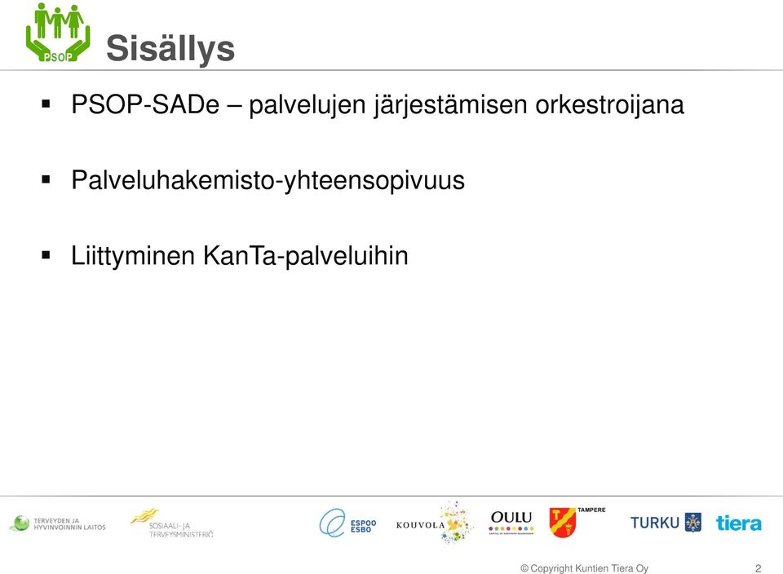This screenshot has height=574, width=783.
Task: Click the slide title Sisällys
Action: [170, 49]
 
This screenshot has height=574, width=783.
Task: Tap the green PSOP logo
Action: [58, 33]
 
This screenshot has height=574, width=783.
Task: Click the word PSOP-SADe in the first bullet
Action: [145, 104]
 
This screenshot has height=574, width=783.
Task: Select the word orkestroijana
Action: [609, 105]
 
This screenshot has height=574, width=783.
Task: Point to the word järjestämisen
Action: [451, 105]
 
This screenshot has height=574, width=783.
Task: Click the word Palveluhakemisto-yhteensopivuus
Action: [268, 180]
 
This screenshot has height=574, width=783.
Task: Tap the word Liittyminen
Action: [133, 255]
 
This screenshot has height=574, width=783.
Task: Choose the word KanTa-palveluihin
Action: [306, 255]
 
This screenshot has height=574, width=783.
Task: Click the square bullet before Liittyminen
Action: [46, 255]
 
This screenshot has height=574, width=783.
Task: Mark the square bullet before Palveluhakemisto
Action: [46, 179]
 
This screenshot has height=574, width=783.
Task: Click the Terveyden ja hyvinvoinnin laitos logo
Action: [57, 523]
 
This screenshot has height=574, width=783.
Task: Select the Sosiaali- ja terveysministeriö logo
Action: [172, 523]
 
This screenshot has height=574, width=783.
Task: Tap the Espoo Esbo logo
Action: [347, 523]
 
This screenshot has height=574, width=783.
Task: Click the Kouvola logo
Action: [433, 523]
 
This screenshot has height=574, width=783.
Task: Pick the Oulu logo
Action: [511, 523]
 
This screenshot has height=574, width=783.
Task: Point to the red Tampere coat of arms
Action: [562, 522]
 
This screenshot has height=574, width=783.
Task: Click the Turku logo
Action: [666, 523]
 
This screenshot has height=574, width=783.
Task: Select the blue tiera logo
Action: [739, 523]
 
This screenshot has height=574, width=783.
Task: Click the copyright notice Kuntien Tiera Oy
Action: [584, 568]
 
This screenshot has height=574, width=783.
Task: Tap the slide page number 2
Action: [758, 568]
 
